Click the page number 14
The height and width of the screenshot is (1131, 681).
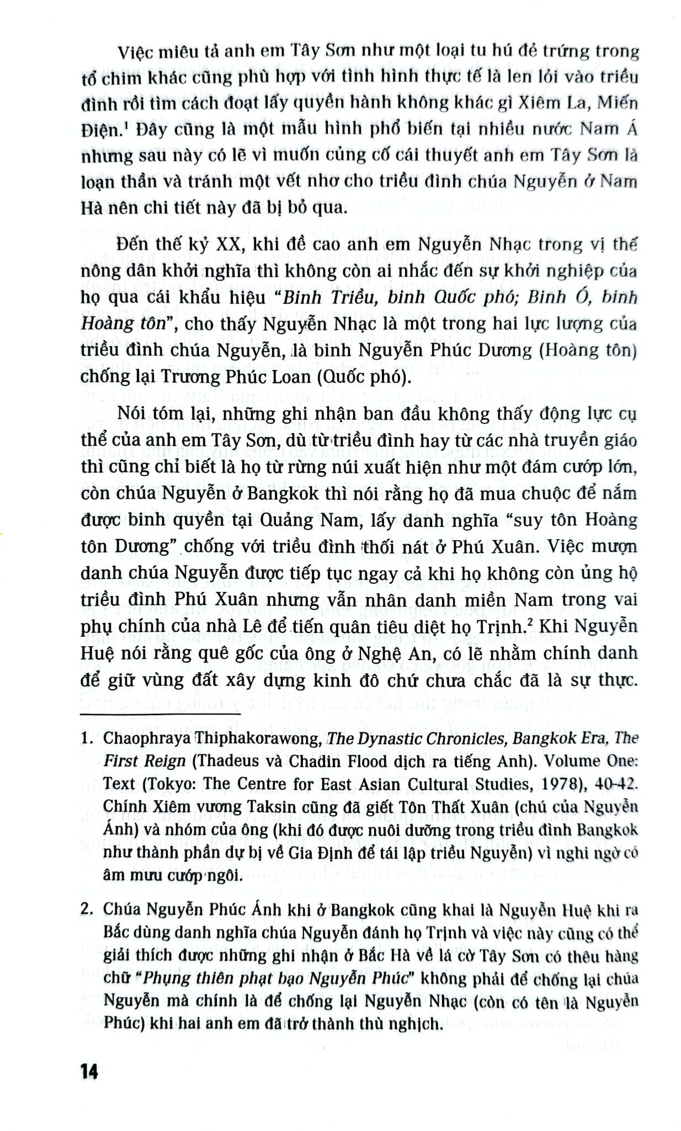tap(89, 1072)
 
